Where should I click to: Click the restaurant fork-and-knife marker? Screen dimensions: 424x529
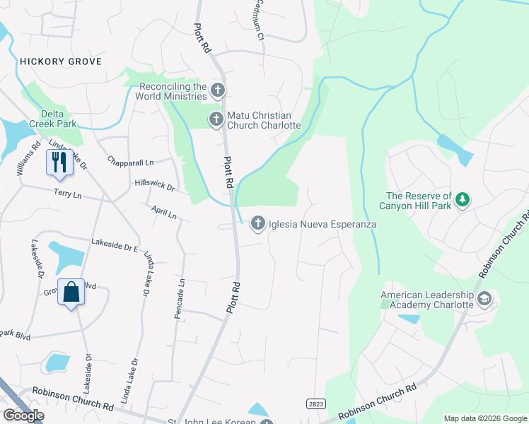click(x=57, y=162)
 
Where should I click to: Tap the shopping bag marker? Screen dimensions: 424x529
click(x=71, y=293)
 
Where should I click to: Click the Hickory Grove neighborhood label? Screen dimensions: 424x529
click(x=61, y=61)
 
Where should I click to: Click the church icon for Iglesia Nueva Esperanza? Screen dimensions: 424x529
click(x=258, y=223)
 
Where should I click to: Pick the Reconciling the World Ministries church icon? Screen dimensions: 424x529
click(x=218, y=90)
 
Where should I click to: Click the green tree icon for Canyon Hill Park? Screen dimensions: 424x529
click(x=463, y=201)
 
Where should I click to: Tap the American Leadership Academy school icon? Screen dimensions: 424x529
click(x=484, y=299)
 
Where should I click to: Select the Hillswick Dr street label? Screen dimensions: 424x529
click(x=154, y=185)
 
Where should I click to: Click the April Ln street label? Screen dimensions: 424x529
click(x=163, y=212)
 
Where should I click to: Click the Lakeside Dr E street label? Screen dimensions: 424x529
click(x=115, y=245)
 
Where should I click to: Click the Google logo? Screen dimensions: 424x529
click(x=23, y=416)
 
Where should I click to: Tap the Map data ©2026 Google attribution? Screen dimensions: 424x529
click(x=484, y=418)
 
